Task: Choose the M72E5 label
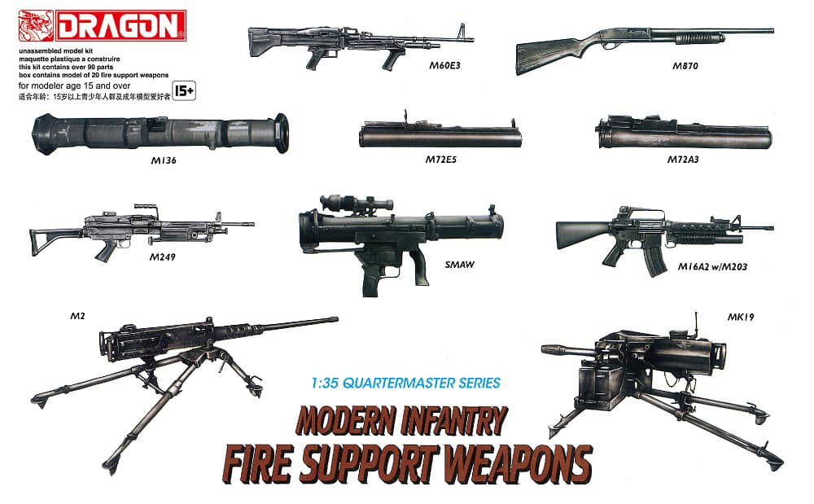[440, 160]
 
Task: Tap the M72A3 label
[683, 160]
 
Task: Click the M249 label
[163, 258]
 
